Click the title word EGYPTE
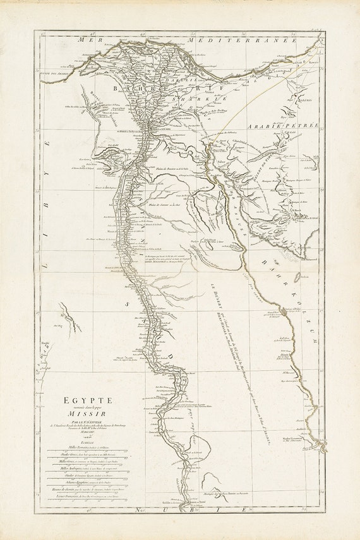click(x=87, y=400)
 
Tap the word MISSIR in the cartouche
click(x=87, y=417)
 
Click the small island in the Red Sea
click(x=304, y=279)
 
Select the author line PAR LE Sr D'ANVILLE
click(x=87, y=428)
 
